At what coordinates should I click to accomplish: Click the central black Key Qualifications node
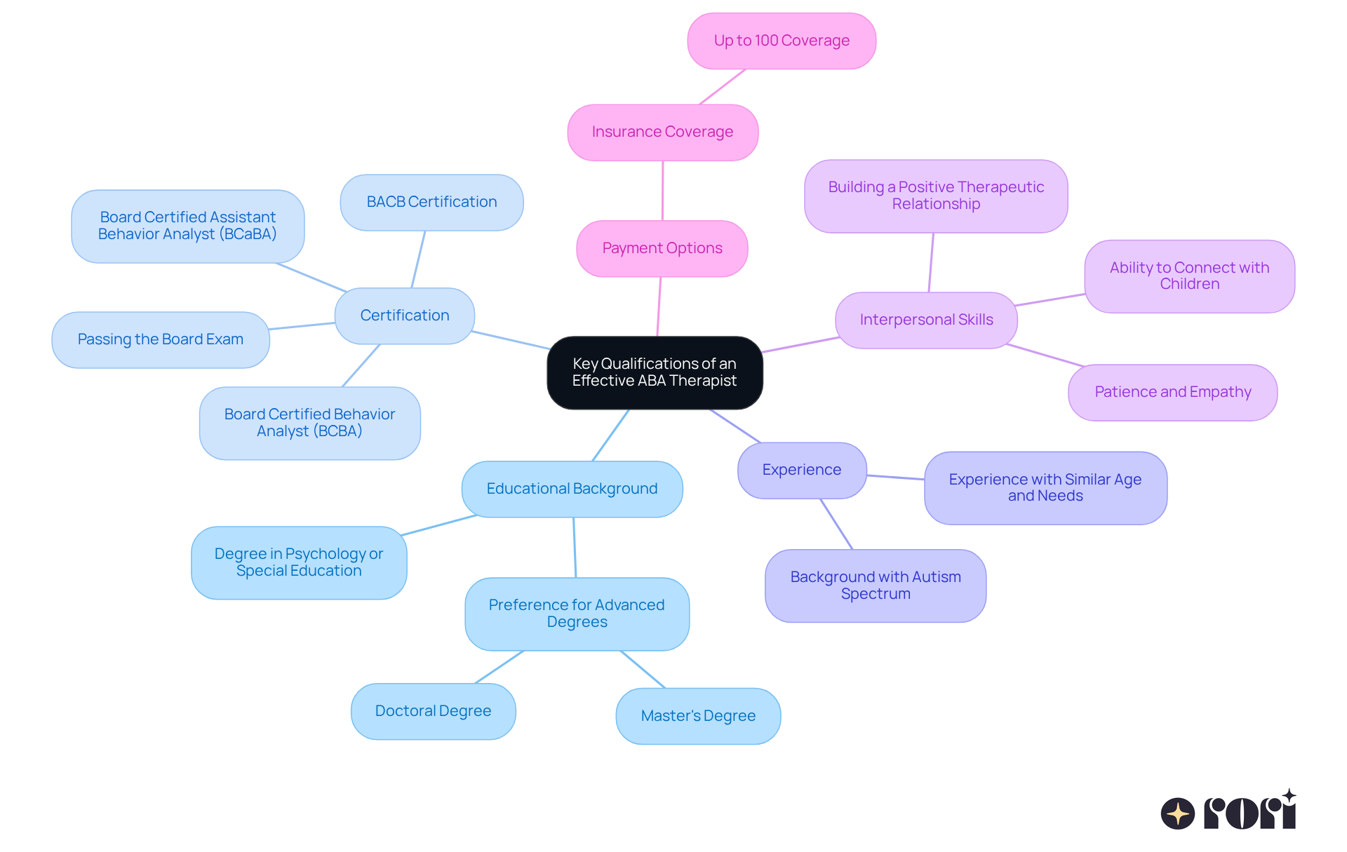655,372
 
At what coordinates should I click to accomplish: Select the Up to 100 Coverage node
782,41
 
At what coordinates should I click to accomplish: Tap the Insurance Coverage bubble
662,132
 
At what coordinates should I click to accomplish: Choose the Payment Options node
662,248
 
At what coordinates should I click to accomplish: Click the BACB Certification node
431,202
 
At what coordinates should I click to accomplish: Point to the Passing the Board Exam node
160,339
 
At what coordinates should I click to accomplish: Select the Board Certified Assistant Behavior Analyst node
187,226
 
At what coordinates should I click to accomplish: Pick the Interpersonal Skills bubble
926,320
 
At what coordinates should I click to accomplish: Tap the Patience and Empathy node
1172,392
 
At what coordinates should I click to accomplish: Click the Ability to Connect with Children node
1189,276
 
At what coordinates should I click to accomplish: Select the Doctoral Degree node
433,711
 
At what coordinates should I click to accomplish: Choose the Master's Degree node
698,716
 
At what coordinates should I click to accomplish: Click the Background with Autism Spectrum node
875,586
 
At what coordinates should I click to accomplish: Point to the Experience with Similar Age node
1045,487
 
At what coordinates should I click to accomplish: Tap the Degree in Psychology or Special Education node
298,562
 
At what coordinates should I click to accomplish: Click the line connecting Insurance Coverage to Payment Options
662,191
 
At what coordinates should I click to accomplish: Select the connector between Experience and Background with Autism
836,524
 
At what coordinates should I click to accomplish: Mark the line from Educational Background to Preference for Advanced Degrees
575,548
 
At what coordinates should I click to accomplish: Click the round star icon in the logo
1177,813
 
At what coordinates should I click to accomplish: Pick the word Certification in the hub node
405,316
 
